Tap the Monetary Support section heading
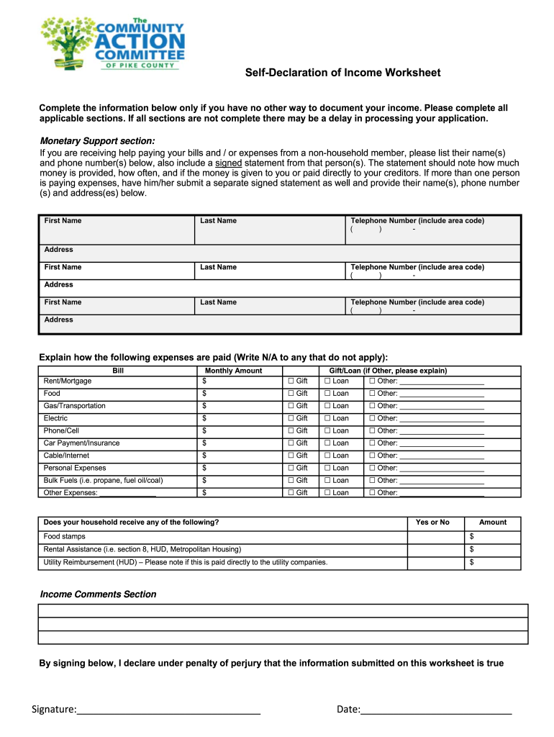coord(97,140)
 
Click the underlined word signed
coord(229,163)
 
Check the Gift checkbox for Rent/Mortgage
coord(291,381)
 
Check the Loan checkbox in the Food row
coord(327,394)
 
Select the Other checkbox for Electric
coord(372,418)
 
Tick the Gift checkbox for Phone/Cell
coord(291,430)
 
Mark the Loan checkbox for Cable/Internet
coord(327,456)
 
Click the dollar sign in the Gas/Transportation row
coord(204,406)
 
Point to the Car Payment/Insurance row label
coord(81,443)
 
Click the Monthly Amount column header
coord(234,371)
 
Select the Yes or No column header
coord(432,523)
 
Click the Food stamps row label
coord(64,537)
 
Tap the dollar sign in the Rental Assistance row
coord(472,549)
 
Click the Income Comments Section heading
coord(98,594)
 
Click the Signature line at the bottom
coord(168,711)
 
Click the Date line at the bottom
coord(436,711)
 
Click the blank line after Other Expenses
coord(128,494)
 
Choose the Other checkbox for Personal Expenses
coord(372,468)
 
